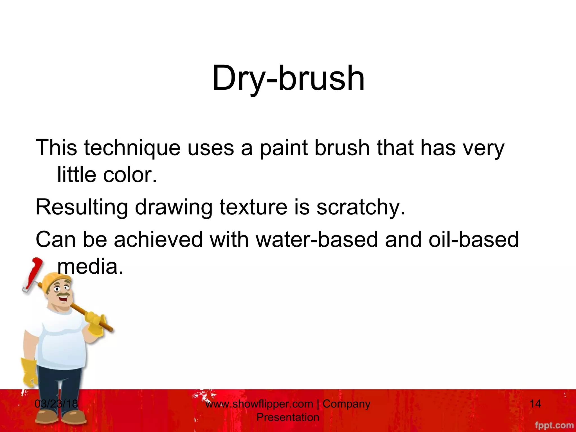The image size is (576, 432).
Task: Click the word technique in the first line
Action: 132,148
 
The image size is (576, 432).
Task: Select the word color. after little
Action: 130,175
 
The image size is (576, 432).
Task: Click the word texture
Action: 253,207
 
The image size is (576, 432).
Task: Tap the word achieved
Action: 158,239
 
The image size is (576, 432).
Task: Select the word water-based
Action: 317,239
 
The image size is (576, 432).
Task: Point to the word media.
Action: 90,266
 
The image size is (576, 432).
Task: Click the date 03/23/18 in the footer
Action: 56,404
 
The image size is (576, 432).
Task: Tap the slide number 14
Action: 535,404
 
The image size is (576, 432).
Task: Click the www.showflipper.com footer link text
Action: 259,404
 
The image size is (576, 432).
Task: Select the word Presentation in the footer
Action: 288,417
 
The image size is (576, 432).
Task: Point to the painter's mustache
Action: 63,295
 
